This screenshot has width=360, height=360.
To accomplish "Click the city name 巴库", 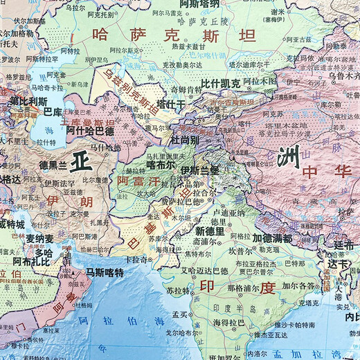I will pos(52,110).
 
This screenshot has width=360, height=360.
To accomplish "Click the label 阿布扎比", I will pos(32,261).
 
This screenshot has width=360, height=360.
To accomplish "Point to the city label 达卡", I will pos(339,264).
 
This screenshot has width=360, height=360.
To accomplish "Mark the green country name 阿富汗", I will pos(138,181).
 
